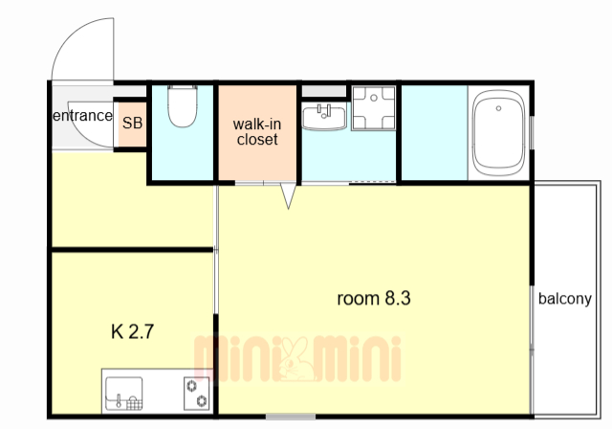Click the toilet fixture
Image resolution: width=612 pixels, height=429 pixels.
point(182,106)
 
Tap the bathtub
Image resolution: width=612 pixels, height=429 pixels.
point(498,133)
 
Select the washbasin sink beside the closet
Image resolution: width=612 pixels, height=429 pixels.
point(324,117)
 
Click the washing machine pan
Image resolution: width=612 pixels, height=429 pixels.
point(374,108)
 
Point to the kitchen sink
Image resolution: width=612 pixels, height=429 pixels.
point(123,394)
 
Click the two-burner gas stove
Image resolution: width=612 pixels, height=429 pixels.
point(196,394)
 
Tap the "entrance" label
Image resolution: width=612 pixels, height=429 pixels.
point(83,116)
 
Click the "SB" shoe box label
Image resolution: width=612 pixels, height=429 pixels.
point(132,124)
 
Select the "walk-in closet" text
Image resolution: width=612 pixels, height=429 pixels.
point(257,132)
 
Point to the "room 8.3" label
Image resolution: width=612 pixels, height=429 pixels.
point(374,299)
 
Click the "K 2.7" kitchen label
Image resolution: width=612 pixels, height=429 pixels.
point(132,331)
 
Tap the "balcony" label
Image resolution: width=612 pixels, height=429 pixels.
point(565,299)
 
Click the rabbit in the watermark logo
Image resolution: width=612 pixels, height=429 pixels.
point(295,359)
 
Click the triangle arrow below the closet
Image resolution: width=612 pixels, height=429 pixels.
point(288,195)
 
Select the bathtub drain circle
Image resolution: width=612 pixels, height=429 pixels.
point(498,108)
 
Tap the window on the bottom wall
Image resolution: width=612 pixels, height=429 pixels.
point(291,417)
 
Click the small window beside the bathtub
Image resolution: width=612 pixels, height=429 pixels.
point(532,132)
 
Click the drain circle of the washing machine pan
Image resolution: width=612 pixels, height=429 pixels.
point(374,98)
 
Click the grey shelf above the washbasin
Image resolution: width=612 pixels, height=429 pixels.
point(324,91)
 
